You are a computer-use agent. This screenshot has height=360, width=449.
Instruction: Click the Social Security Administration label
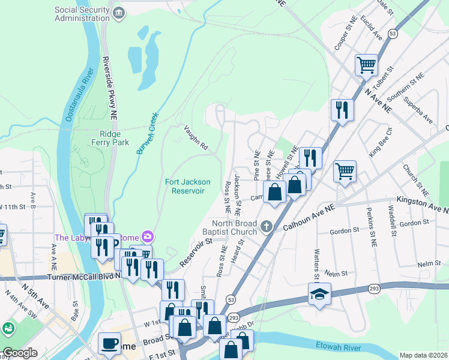pyautogui.click(x=82, y=14)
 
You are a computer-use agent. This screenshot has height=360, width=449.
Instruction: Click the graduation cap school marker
pyautogui.click(x=319, y=293)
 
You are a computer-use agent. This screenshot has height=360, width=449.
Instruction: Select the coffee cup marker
pyautogui.click(x=109, y=343)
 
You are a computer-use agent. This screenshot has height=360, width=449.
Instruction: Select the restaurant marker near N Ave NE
pyautogui.click(x=342, y=110)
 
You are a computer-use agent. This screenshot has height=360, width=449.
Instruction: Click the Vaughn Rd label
pyautogui.click(x=196, y=137)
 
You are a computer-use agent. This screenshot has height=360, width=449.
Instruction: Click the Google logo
pyautogui.click(x=20, y=353)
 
